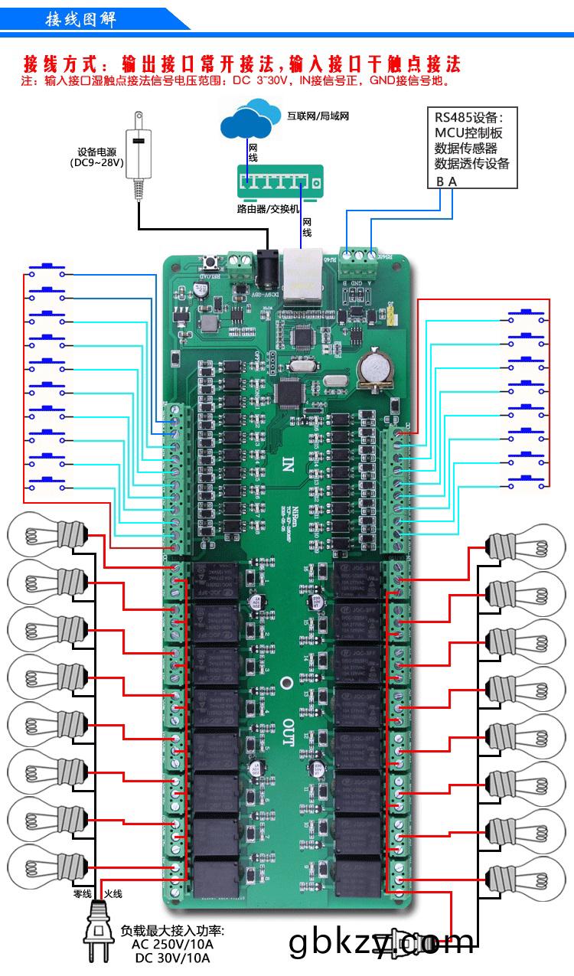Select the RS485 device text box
click(471, 147)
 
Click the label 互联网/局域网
click(318, 117)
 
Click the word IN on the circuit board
click(288, 464)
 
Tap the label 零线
click(82, 893)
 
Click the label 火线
click(113, 893)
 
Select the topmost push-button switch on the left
click(46, 269)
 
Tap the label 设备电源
click(96, 152)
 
